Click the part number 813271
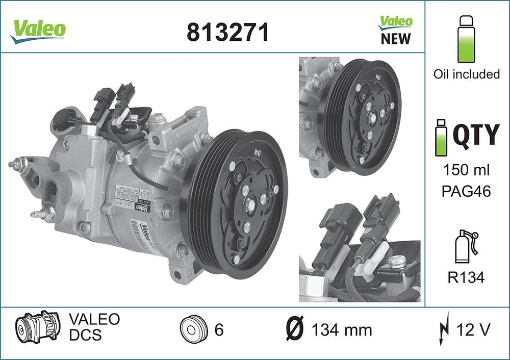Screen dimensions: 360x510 (x=227, y=32)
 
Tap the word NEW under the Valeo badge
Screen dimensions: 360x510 (x=396, y=39)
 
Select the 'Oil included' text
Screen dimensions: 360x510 (x=466, y=74)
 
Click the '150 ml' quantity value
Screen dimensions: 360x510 (x=466, y=170)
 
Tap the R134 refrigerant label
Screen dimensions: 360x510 (x=466, y=277)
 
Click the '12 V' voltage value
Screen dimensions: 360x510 (x=473, y=330)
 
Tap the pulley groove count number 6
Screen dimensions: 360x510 (x=219, y=330)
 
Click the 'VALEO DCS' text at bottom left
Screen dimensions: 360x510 (x=94, y=327)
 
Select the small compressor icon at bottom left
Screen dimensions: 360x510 (x=37, y=328)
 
